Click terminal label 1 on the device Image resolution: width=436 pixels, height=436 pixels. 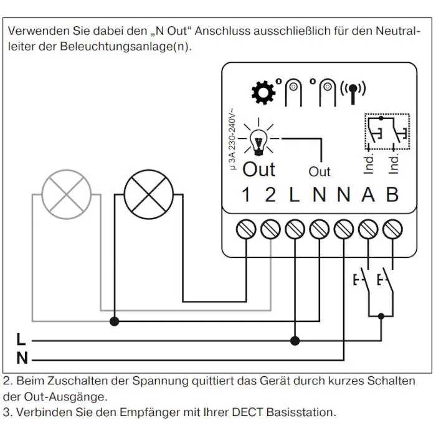pos(246,195)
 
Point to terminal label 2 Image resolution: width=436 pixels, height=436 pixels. pos(270,195)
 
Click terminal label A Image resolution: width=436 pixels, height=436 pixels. pos(368,195)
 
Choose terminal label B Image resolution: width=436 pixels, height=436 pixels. pos(392,195)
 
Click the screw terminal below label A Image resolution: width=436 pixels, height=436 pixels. pos(368,229)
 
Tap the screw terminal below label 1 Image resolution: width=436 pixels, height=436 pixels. pos(246,229)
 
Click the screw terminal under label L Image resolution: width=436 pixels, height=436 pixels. pos(295,229)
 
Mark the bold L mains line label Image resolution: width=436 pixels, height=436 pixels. pos(21,340)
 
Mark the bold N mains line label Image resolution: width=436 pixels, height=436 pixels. pos(22,359)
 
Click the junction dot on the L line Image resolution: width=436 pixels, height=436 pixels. pos(295,341)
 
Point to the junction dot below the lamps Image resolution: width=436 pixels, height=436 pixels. pos(115,321)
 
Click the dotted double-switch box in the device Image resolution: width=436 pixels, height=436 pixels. pos(386,131)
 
